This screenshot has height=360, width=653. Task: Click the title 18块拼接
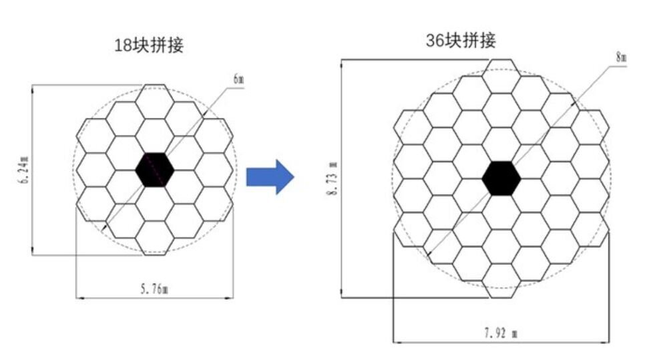[x=149, y=45]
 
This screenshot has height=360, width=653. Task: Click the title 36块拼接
[x=461, y=41]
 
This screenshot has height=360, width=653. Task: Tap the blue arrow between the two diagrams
[x=270, y=177]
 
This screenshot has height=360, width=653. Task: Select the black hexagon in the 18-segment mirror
[x=155, y=170]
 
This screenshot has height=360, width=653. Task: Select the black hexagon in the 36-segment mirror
[x=501, y=178]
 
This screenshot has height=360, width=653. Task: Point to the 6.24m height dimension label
[x=25, y=170]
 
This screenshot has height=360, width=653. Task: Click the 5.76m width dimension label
[x=154, y=289]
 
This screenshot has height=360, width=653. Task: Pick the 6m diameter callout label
[x=238, y=79]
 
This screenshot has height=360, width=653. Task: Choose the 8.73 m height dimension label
[x=333, y=178]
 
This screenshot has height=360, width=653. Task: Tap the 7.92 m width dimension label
[x=501, y=333]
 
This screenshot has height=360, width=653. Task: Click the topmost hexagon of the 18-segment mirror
[x=155, y=102]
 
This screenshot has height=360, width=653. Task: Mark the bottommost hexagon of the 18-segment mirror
[x=155, y=238]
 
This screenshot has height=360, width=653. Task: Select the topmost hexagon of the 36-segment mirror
[x=501, y=76]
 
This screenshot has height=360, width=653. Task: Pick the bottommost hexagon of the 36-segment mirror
[x=501, y=281]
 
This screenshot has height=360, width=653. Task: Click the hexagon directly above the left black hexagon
[x=155, y=136]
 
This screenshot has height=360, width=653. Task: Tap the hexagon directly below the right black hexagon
[x=501, y=212]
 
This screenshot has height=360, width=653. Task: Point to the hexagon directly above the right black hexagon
[x=501, y=144]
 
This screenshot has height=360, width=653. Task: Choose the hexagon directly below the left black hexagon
[x=155, y=204]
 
